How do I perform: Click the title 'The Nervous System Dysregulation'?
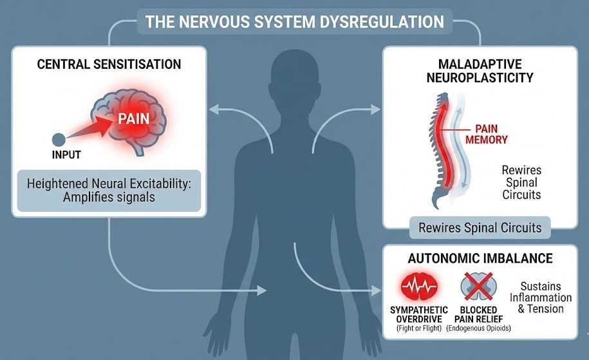294,21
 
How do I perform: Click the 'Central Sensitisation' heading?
109,64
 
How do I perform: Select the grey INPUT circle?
58,138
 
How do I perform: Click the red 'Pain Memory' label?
491,134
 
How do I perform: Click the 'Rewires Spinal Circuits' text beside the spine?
521,183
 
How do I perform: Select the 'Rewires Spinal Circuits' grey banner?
480,227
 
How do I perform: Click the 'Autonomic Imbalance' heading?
480,259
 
